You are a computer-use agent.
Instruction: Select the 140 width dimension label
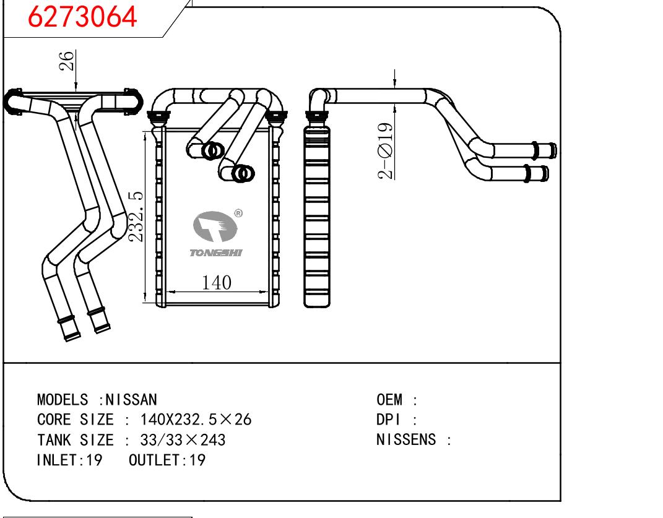click(x=217, y=283)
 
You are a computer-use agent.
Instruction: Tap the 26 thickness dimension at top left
click(x=67, y=62)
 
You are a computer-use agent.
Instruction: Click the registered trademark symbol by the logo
click(x=238, y=214)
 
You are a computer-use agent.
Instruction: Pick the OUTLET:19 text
click(x=167, y=460)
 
